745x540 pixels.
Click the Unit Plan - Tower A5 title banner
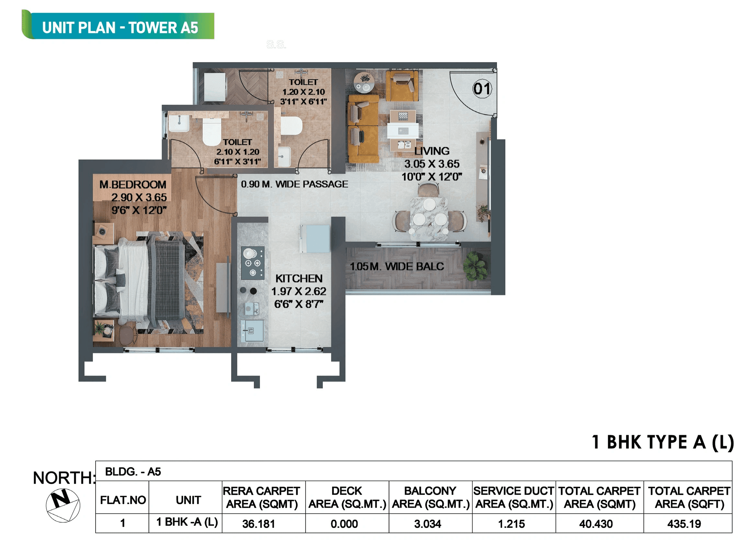(120, 27)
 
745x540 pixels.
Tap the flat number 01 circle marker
(482, 89)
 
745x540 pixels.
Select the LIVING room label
(432, 151)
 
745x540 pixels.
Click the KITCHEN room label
(299, 278)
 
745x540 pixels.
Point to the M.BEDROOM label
(133, 184)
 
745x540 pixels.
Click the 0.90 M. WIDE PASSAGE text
(294, 184)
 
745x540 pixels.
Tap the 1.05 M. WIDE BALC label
(397, 266)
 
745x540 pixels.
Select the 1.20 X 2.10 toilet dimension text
(303, 92)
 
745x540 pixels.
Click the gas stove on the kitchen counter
(253, 263)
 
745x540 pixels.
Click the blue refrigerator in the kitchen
(315, 239)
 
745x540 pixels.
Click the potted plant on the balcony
(476, 266)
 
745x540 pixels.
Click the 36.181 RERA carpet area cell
(258, 523)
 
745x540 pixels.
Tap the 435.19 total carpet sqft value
(684, 523)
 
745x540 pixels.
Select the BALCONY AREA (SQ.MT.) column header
(430, 497)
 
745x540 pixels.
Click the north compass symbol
(63, 505)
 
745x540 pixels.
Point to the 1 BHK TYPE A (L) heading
(662, 442)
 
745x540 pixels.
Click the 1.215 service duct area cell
(511, 523)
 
